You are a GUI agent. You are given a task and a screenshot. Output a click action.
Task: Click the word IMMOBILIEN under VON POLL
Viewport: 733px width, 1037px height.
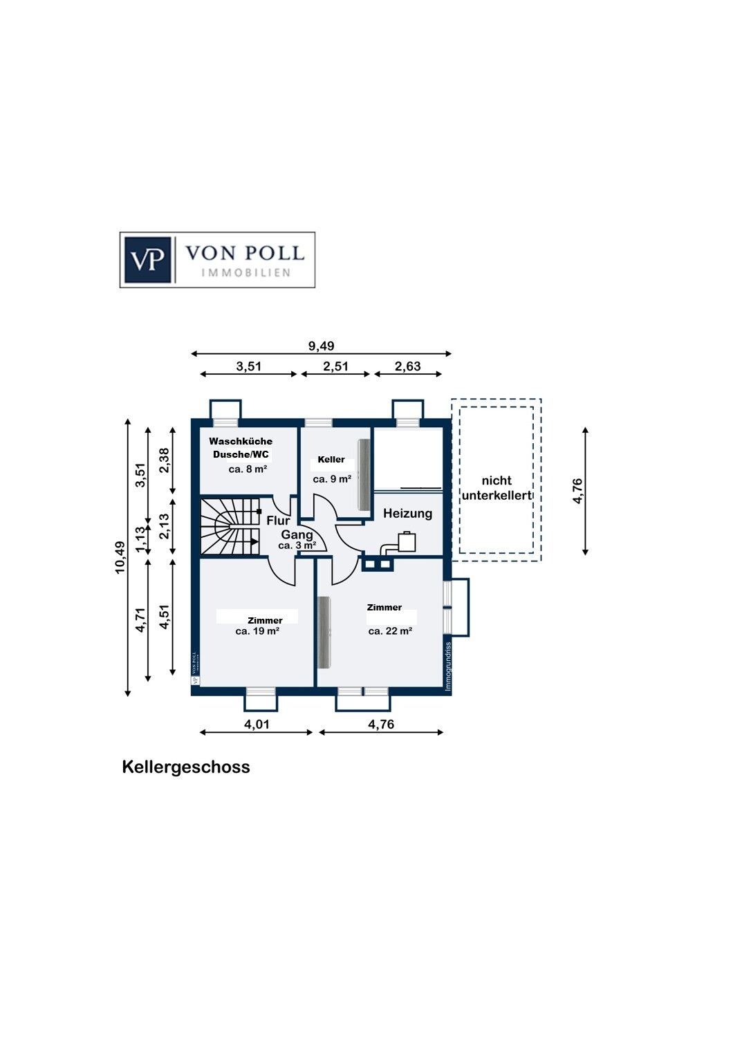(246, 272)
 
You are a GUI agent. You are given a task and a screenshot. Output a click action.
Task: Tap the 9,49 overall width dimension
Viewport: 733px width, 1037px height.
(321, 346)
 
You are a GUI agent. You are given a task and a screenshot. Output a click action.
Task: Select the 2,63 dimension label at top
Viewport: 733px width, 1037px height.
(407, 366)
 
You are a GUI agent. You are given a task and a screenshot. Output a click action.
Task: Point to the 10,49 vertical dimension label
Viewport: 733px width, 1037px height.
(120, 557)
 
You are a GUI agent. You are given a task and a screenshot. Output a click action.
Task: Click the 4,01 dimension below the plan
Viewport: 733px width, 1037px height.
(257, 724)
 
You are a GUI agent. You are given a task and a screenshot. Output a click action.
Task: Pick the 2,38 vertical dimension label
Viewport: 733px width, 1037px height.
(164, 460)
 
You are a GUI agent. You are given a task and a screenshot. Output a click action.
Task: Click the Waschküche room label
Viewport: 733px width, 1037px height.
(241, 441)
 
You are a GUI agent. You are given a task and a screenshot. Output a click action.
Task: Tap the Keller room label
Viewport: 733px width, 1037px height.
(331, 460)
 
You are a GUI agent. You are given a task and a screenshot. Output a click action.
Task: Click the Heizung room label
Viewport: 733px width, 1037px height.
(407, 514)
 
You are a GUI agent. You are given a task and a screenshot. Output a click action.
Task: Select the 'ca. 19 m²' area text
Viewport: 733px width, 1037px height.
(257, 631)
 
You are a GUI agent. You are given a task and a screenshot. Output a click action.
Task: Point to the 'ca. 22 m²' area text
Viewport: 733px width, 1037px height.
(390, 631)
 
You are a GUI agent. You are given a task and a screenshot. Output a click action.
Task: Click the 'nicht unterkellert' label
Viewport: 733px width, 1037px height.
(497, 488)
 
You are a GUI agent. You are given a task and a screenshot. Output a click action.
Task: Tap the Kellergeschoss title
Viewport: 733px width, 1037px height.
(186, 767)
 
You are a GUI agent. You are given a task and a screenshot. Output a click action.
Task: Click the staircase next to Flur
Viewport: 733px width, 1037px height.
(230, 526)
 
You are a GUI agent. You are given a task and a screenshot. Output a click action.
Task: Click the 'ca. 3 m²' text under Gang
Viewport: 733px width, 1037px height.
(297, 545)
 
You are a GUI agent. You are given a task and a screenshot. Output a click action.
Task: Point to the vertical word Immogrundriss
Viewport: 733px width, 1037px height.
(448, 666)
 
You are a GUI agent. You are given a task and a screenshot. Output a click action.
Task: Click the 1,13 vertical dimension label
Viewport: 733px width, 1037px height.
(141, 539)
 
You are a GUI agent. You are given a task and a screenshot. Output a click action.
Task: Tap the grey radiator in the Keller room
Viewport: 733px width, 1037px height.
(364, 475)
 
